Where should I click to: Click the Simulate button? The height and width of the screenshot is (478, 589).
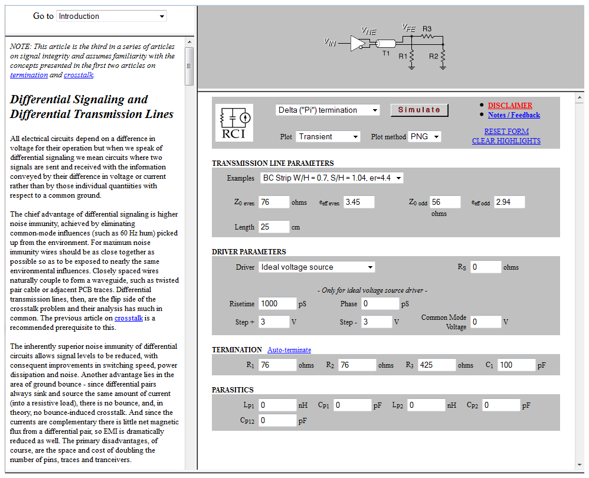(x=419, y=110)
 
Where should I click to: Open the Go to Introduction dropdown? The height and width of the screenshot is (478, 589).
(x=112, y=16)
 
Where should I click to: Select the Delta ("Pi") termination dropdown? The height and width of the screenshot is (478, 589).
(x=328, y=110)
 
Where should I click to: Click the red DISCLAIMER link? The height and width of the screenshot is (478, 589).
(x=510, y=106)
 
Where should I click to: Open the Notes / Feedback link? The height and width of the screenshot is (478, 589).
(x=513, y=115)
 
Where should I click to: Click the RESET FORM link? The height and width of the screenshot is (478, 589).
(x=506, y=131)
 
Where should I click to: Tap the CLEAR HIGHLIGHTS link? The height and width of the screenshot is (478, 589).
(x=506, y=140)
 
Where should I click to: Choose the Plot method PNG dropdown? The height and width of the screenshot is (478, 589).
(x=425, y=136)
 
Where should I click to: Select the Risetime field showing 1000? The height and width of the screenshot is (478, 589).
(x=277, y=303)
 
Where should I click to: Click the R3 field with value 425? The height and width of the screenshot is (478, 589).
(x=436, y=365)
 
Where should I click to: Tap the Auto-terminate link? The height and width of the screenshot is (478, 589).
(x=289, y=350)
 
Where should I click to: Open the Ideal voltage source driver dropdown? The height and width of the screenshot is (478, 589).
(x=317, y=267)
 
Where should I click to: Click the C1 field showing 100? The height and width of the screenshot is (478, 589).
(x=516, y=365)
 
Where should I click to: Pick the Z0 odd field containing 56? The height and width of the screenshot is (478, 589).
(x=445, y=202)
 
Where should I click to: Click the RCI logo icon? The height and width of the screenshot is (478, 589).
(x=234, y=123)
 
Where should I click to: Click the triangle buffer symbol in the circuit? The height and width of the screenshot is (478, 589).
(x=357, y=43)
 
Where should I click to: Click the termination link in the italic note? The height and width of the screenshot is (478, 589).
(x=29, y=75)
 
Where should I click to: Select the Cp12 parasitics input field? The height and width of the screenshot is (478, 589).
(x=277, y=420)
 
